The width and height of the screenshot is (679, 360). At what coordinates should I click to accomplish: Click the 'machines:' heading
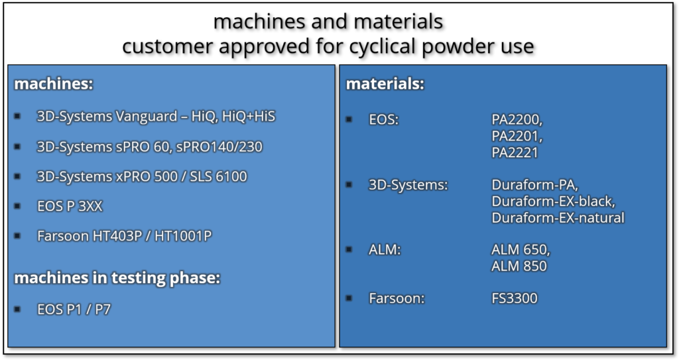tap(54, 84)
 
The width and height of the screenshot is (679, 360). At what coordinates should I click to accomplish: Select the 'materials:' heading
tap(385, 84)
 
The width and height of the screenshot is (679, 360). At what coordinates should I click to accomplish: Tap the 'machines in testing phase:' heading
tap(117, 278)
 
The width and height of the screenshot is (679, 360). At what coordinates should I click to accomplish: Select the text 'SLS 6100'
tap(219, 177)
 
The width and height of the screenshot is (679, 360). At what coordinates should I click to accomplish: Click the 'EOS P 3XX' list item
tap(70, 206)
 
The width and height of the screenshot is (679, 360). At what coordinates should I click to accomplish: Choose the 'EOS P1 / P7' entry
tap(74, 310)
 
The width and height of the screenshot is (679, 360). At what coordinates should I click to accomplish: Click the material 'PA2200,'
tap(517, 119)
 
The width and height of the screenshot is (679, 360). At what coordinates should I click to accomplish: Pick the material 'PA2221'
tap(515, 152)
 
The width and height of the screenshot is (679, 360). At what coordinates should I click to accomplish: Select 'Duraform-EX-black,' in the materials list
tap(554, 202)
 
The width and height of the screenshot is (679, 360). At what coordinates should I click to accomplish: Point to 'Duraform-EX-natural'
tap(558, 217)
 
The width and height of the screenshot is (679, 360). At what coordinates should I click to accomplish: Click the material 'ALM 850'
tap(519, 266)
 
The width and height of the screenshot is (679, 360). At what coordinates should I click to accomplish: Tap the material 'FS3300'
tap(515, 298)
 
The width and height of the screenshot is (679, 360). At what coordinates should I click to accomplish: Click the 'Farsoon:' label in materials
tap(397, 298)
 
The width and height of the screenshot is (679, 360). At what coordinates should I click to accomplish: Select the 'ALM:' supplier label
tap(385, 250)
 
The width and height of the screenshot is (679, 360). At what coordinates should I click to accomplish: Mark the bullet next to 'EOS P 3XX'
tap(17, 206)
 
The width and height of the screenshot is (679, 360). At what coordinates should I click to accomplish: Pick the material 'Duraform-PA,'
tap(535, 185)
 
